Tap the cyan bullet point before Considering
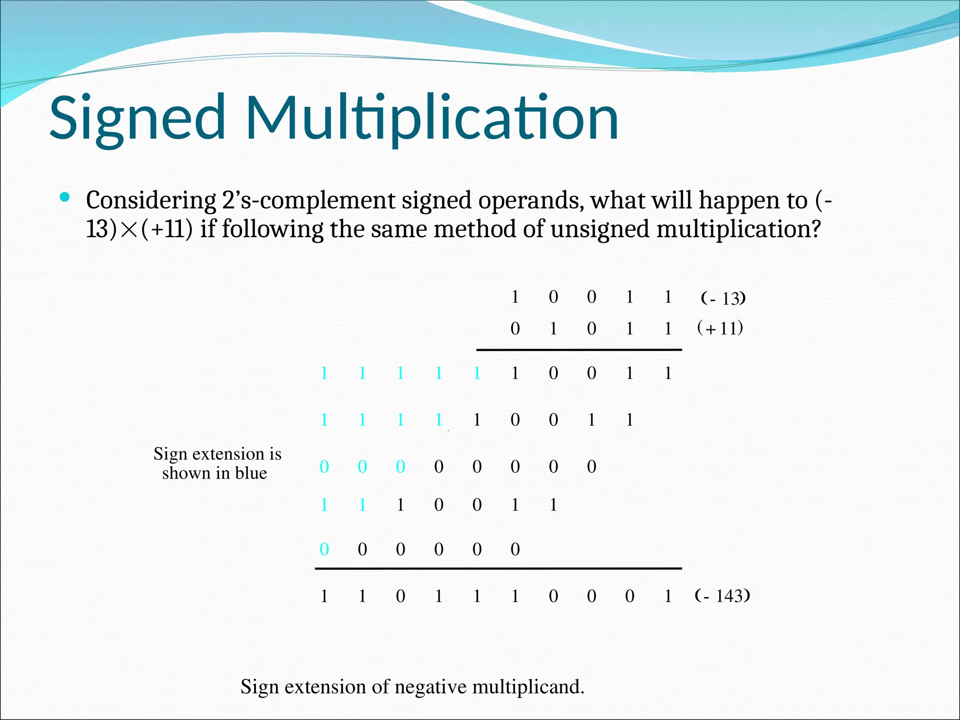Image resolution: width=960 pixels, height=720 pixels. pyautogui.click(x=65, y=197)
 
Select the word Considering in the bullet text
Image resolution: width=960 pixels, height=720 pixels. pyautogui.click(x=150, y=201)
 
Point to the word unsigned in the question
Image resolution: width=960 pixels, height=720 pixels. pyautogui.click(x=600, y=230)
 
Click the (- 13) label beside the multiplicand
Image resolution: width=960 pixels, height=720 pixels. pyautogui.click(x=723, y=298)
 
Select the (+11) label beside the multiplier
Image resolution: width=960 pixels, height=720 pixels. pyautogui.click(x=720, y=328)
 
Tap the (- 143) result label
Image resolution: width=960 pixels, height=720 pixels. pyautogui.click(x=722, y=596)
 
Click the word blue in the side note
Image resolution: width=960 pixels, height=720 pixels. pyautogui.click(x=251, y=473)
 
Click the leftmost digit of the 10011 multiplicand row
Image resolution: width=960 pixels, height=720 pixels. pyautogui.click(x=515, y=297)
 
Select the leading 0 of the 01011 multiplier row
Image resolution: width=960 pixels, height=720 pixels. pyautogui.click(x=515, y=329)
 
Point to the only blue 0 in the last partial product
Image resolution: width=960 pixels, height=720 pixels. pyautogui.click(x=324, y=549)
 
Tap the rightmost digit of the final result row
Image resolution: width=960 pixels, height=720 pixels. pyautogui.click(x=668, y=596)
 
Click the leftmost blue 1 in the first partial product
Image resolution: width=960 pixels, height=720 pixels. pyautogui.click(x=324, y=373)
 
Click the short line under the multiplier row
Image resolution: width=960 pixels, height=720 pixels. pyautogui.click(x=579, y=350)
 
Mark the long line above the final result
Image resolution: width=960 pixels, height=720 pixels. pyautogui.click(x=498, y=569)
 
